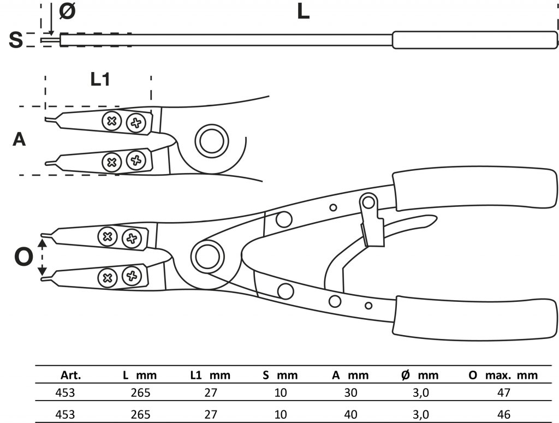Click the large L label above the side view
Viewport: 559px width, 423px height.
pyautogui.click(x=303, y=12)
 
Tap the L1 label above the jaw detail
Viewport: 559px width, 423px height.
pyautogui.click(x=100, y=80)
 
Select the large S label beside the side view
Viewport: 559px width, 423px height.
pyautogui.click(x=16, y=39)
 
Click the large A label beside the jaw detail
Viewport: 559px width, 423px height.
pyautogui.click(x=19, y=140)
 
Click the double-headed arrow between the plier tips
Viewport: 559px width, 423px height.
pyautogui.click(x=42, y=256)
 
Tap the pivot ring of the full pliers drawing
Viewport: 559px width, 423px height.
pyautogui.click(x=206, y=255)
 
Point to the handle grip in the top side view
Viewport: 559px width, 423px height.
pyautogui.click(x=475, y=40)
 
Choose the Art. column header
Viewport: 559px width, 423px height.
pyautogui.click(x=71, y=376)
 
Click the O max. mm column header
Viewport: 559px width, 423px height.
pyautogui.click(x=503, y=376)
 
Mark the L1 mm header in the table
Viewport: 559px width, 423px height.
pyautogui.click(x=210, y=376)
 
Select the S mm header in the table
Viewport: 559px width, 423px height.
pyautogui.click(x=279, y=376)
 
